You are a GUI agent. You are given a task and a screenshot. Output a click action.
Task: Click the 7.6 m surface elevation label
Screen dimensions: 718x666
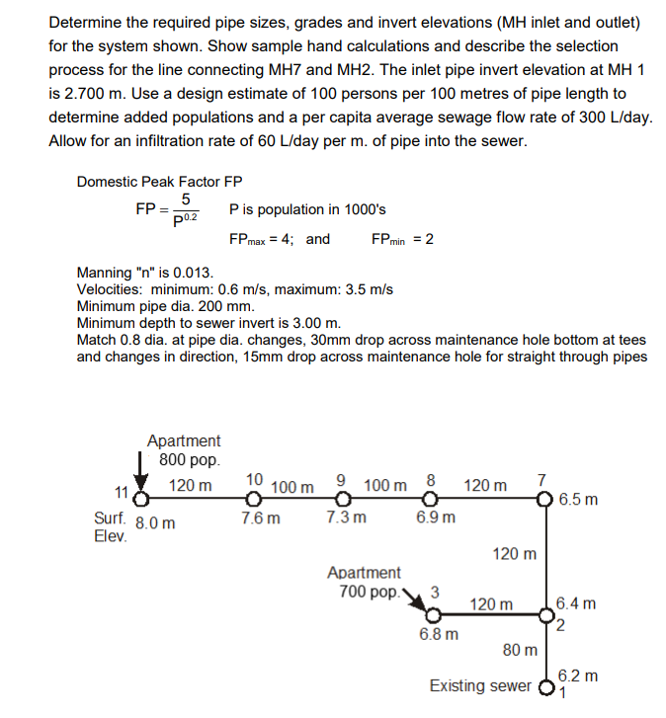(x=260, y=519)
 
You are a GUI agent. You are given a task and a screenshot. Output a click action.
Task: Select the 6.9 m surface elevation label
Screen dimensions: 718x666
(x=436, y=519)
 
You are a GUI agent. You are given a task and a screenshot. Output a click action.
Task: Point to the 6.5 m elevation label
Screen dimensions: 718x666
(x=578, y=499)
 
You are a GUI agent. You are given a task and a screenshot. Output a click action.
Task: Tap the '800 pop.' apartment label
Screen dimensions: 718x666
(x=188, y=460)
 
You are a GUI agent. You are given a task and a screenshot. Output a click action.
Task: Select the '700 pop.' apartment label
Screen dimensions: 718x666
(x=364, y=592)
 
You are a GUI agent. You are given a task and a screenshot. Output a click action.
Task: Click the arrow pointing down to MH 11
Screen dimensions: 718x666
(x=139, y=471)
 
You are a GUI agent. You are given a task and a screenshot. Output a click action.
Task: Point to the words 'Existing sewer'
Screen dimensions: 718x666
(x=479, y=685)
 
